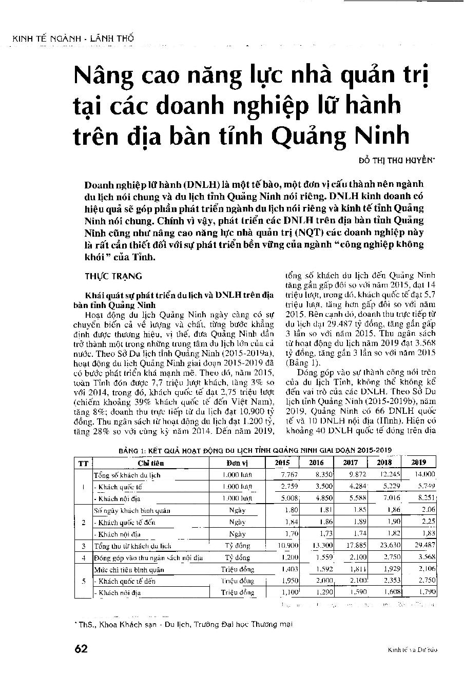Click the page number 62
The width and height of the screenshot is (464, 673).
pos(81,648)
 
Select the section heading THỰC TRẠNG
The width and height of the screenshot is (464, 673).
pos(113,276)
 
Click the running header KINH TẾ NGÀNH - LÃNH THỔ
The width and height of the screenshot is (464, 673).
pos(72,39)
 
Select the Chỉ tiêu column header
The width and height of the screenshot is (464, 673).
pos(150,463)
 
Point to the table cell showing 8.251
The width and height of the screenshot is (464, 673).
pos(426,498)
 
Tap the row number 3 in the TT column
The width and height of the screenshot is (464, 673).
pos(83,546)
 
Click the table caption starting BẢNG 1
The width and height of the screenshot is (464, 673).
pos(255,450)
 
